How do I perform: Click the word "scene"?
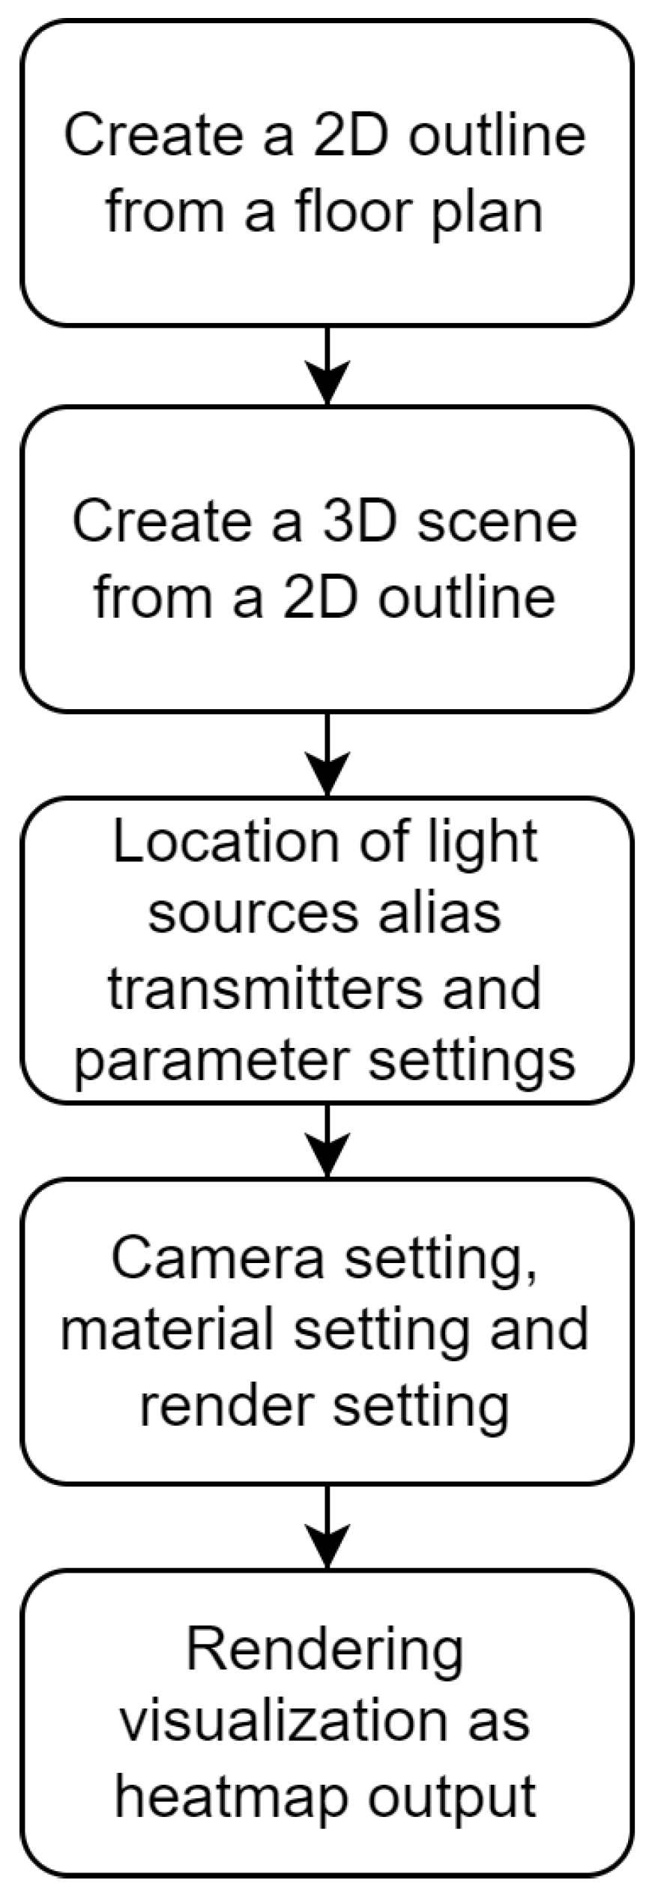tap(498, 522)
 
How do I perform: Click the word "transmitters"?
tap(267, 987)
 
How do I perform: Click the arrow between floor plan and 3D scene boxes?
tap(327, 366)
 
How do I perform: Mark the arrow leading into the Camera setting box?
tap(327, 1140)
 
